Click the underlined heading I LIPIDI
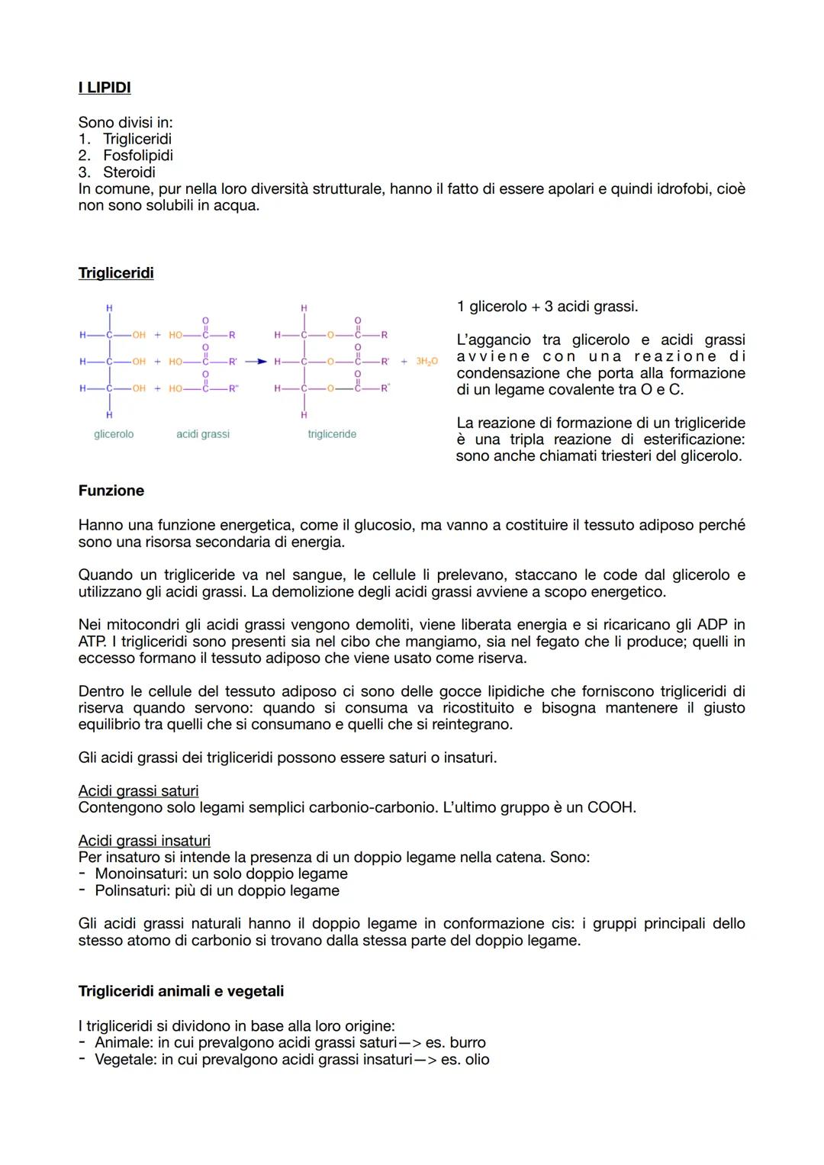click(105, 88)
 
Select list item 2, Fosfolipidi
click(137, 156)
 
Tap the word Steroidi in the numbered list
click(129, 172)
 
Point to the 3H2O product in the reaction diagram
click(426, 361)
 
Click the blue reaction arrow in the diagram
click(260, 361)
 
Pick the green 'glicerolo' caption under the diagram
click(114, 434)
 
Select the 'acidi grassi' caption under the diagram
click(202, 434)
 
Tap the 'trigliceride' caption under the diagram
click(332, 434)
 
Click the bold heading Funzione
click(111, 491)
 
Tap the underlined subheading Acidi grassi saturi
click(138, 791)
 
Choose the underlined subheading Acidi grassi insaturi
click(144, 841)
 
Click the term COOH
click(611, 807)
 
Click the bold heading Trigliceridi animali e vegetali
click(181, 991)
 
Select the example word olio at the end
click(476, 1059)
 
